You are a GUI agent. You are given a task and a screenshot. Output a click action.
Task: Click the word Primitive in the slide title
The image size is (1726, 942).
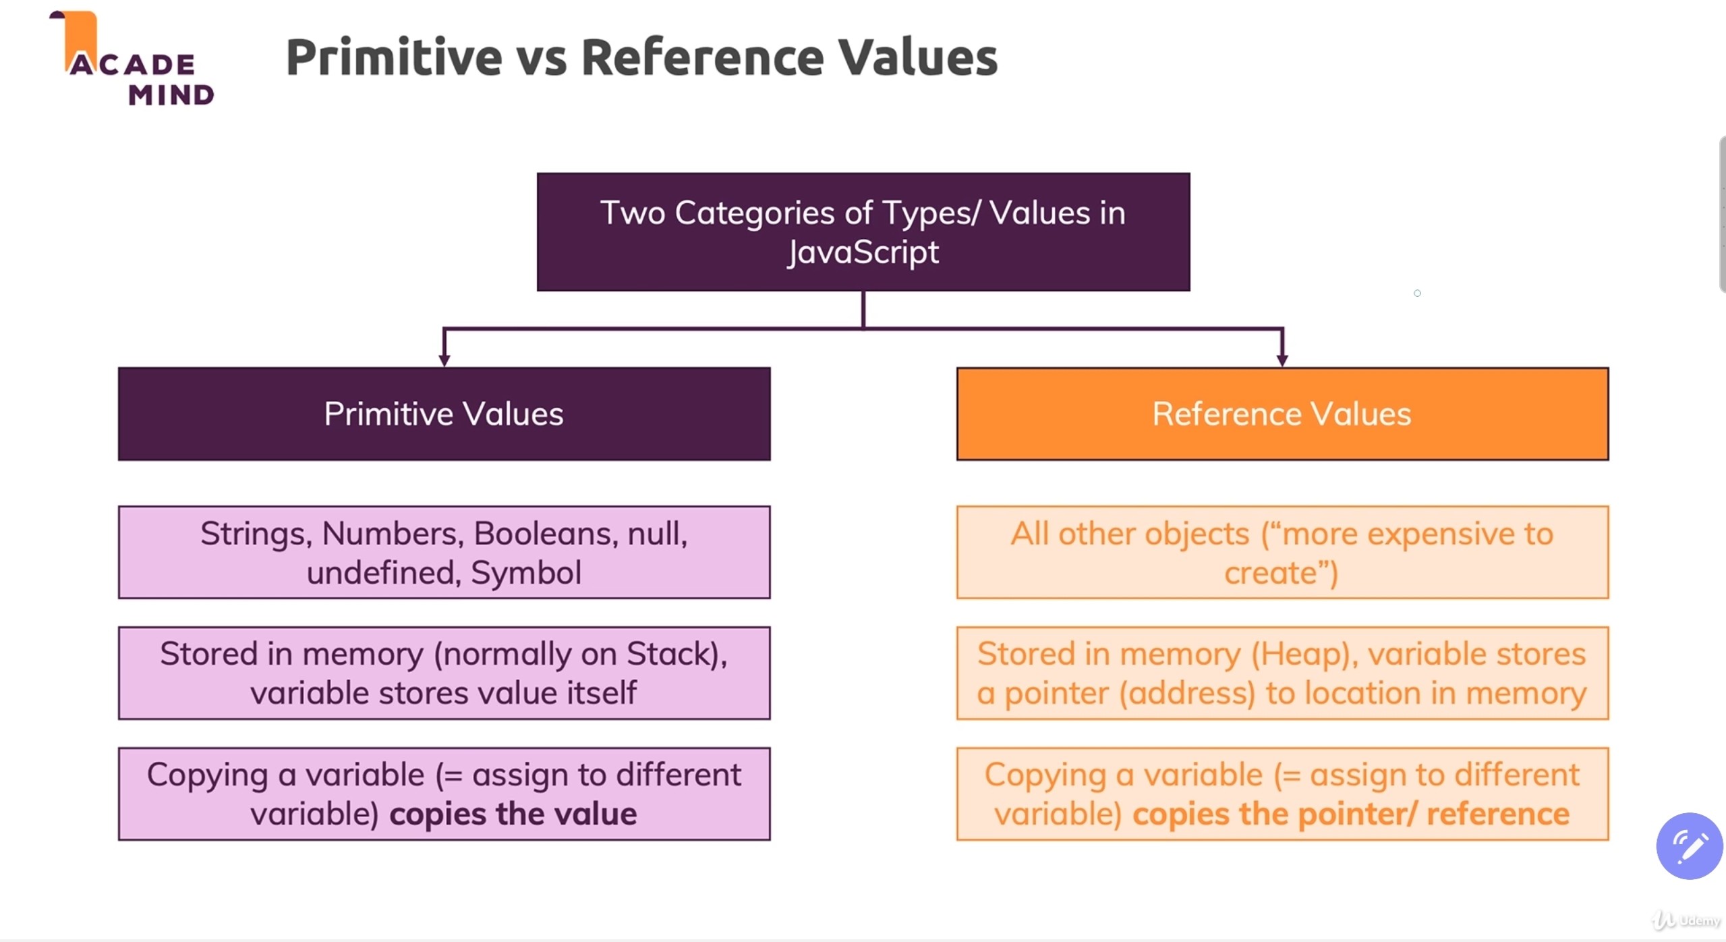[394, 57]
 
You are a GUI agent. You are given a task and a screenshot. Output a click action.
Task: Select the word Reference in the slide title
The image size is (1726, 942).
[702, 57]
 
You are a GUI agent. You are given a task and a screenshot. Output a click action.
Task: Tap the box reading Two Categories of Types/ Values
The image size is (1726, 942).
[863, 231]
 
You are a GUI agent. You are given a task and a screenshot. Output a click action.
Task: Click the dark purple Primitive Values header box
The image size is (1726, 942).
[444, 414]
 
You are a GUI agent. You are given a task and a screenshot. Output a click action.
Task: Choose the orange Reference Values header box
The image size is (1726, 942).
[1282, 414]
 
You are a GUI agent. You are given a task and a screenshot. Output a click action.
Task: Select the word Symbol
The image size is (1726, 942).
[525, 573]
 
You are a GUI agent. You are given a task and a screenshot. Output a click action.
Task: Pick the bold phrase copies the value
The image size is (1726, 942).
[513, 814]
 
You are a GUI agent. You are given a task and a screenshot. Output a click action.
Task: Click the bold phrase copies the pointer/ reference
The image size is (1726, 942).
[1350, 814]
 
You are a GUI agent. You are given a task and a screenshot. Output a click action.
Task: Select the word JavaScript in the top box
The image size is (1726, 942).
[863, 252]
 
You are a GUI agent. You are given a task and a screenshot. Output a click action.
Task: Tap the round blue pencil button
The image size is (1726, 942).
[1689, 846]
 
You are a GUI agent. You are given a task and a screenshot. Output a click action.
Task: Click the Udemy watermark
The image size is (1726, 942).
[1686, 920]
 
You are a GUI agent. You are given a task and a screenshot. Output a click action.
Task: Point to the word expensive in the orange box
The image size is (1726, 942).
[1439, 534]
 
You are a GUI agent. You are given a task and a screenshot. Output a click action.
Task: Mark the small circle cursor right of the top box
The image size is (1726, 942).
[1417, 293]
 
